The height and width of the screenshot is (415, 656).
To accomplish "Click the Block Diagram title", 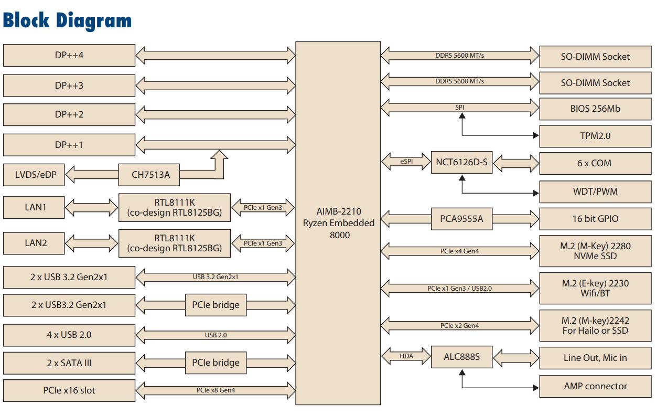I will point(67,20).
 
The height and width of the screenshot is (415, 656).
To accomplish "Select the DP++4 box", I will point(69,55).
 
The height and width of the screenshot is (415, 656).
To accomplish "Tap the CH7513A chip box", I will point(150,175).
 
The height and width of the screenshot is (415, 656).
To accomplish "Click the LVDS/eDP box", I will point(35,175).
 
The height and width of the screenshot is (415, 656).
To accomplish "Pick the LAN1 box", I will point(35,207).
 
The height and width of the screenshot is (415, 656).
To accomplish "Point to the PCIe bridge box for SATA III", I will point(216,363).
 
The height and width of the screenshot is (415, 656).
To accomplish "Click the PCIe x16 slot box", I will point(69,390).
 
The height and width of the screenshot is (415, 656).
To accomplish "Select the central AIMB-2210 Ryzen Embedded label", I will point(338,223).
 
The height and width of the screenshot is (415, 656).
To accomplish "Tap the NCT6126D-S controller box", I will point(461,162).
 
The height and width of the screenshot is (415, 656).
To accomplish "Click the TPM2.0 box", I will point(595,136).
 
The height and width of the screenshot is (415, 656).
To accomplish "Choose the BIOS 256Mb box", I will point(595,109).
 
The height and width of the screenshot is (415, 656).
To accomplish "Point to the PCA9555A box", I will point(461,219).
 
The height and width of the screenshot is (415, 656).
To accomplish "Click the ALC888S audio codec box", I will point(461,358).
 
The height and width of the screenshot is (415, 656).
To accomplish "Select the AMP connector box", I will point(595,386).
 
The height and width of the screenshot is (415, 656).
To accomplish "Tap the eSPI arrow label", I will point(406,162).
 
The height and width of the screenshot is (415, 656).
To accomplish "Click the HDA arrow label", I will point(406,357).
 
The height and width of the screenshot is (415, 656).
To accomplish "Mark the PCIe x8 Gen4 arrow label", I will point(216,390).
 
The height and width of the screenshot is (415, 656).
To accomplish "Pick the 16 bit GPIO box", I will point(595,219).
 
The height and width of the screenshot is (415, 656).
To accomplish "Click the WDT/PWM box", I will point(595,191).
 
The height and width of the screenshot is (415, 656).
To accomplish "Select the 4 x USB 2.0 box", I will point(69,335).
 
